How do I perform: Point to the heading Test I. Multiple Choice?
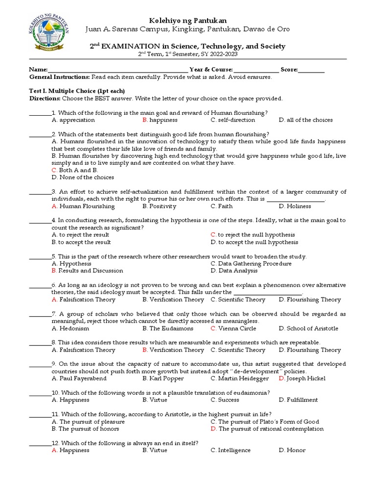77,91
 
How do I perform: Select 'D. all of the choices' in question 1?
305,120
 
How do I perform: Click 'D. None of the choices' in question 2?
83,177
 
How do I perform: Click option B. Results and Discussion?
87,271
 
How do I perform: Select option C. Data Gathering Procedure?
251,264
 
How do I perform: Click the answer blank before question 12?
40,443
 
